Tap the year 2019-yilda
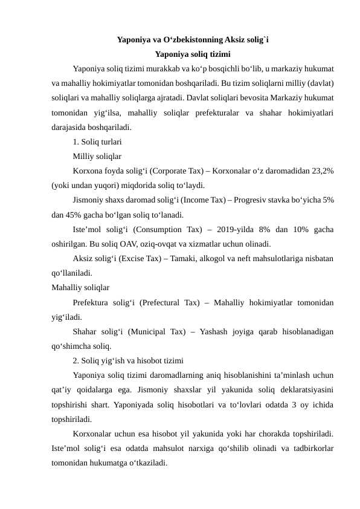(234, 229)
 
